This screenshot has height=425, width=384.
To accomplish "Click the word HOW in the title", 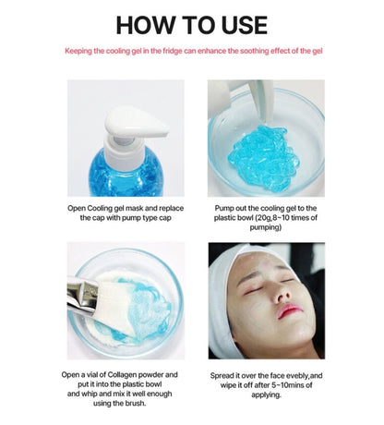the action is pyautogui.click(x=145, y=25).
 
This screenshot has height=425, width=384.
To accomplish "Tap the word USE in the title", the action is pyautogui.click(x=244, y=25).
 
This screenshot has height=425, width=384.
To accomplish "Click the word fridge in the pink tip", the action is pyautogui.click(x=173, y=51).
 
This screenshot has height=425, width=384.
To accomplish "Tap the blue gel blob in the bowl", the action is pyautogui.click(x=263, y=158).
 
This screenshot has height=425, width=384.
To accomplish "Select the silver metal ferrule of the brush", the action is pyautogui.click(x=82, y=295).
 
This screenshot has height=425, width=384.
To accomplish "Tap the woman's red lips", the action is pyautogui.click(x=289, y=310).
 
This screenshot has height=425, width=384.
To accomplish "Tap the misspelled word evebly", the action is pyautogui.click(x=297, y=376).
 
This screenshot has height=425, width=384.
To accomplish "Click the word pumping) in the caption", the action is pyautogui.click(x=266, y=227).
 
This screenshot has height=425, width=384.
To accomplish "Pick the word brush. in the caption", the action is pyautogui.click(x=135, y=403).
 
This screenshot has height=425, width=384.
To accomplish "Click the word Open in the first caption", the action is pyautogui.click(x=77, y=209).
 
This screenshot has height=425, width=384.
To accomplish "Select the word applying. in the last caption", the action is pyautogui.click(x=266, y=395).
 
